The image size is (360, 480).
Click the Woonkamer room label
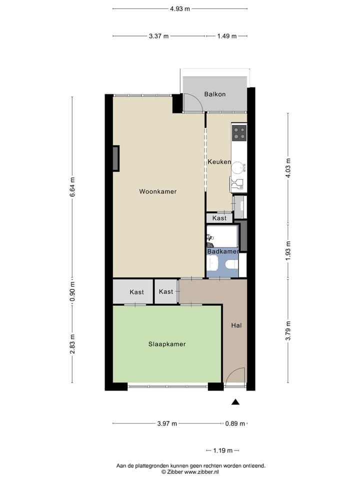(158, 191)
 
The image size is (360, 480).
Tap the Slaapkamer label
(167, 344)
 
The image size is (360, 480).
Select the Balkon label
(215, 94)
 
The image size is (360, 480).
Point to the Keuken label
(219, 162)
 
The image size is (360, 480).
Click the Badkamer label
(223, 251)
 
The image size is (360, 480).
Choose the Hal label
(236, 325)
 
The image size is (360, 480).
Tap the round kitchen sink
(238, 166)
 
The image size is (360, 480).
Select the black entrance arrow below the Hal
(236, 401)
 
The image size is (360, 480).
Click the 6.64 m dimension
(72, 187)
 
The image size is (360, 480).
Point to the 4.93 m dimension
(180, 8)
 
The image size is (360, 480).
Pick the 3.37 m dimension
(158, 36)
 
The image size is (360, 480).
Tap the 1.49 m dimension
(226, 36)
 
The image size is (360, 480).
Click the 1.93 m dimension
(288, 246)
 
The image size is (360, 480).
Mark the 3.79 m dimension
(288, 330)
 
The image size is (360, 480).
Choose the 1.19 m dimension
(222, 450)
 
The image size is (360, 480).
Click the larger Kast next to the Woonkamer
(136, 292)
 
